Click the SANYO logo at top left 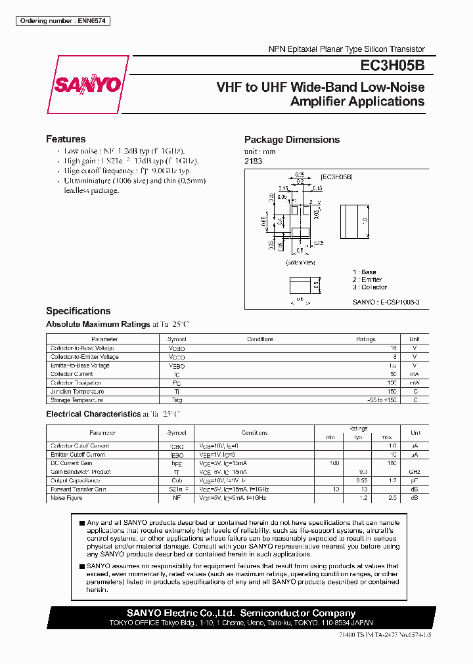[x=87, y=85]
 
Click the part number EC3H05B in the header [x=392, y=66]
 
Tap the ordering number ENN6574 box [x=62, y=21]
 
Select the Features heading [x=66, y=139]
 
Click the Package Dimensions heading [x=292, y=140]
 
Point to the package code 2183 [x=252, y=161]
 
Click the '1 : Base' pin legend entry [x=365, y=272]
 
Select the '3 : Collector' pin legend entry [x=370, y=287]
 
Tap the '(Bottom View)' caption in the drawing [x=300, y=262]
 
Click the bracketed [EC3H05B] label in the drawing [x=337, y=177]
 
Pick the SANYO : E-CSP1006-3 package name [x=386, y=302]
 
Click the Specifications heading [x=78, y=311]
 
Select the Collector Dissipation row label [x=76, y=383]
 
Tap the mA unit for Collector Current [x=415, y=374]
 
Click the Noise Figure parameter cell [x=66, y=498]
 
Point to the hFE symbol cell [x=177, y=463]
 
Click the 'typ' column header [x=358, y=437]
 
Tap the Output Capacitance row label [x=73, y=480]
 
